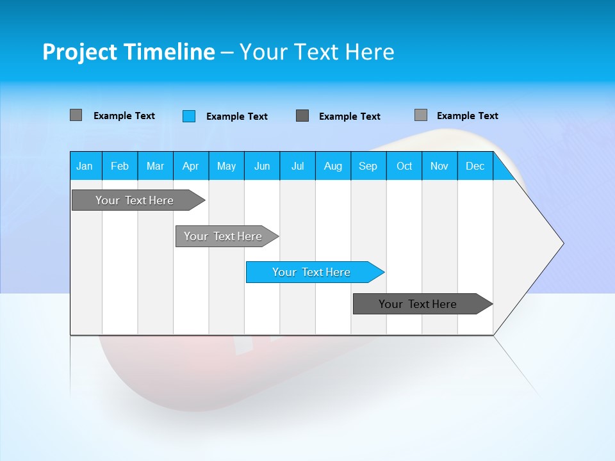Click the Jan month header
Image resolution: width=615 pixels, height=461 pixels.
coord(85,166)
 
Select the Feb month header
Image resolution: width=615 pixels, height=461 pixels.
coord(120,166)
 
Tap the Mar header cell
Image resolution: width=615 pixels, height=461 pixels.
coord(155,166)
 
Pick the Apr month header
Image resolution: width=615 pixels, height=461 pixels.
coord(191,166)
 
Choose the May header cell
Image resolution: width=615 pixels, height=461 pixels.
coord(226,166)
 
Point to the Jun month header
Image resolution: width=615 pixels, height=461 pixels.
coord(262,166)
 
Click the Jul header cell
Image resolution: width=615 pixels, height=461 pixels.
coord(297,166)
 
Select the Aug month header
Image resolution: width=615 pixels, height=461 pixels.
coord(333,166)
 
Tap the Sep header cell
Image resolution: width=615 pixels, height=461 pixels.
coord(368,166)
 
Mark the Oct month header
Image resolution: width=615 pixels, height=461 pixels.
coord(404,166)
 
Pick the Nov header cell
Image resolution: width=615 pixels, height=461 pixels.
coord(439,166)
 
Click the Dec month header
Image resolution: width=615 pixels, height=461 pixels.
coord(475,166)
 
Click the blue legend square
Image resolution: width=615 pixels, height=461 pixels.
coord(189,116)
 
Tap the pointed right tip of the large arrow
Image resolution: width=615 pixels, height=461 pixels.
coord(561,243)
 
